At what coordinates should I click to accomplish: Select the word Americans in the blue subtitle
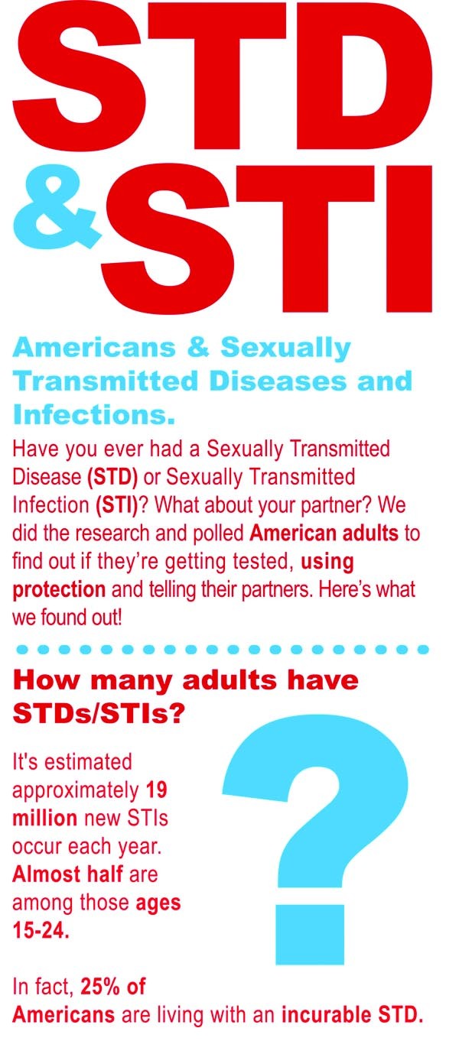[x=94, y=348]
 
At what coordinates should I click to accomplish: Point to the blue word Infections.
[x=94, y=414]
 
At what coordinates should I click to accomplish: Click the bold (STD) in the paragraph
[x=112, y=477]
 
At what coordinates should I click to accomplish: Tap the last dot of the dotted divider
[x=423, y=649]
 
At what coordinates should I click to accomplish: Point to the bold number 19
[x=156, y=790]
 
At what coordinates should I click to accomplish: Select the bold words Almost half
[x=68, y=874]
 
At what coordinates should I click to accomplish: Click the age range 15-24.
[x=41, y=931]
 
